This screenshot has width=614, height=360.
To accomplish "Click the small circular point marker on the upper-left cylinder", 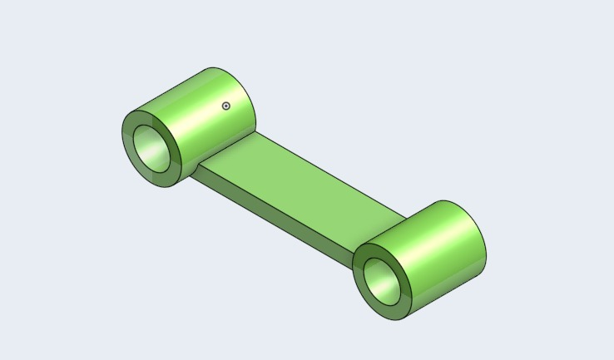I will coord(225,106).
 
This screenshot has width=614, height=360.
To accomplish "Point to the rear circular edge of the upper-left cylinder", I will coord(250,91).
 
